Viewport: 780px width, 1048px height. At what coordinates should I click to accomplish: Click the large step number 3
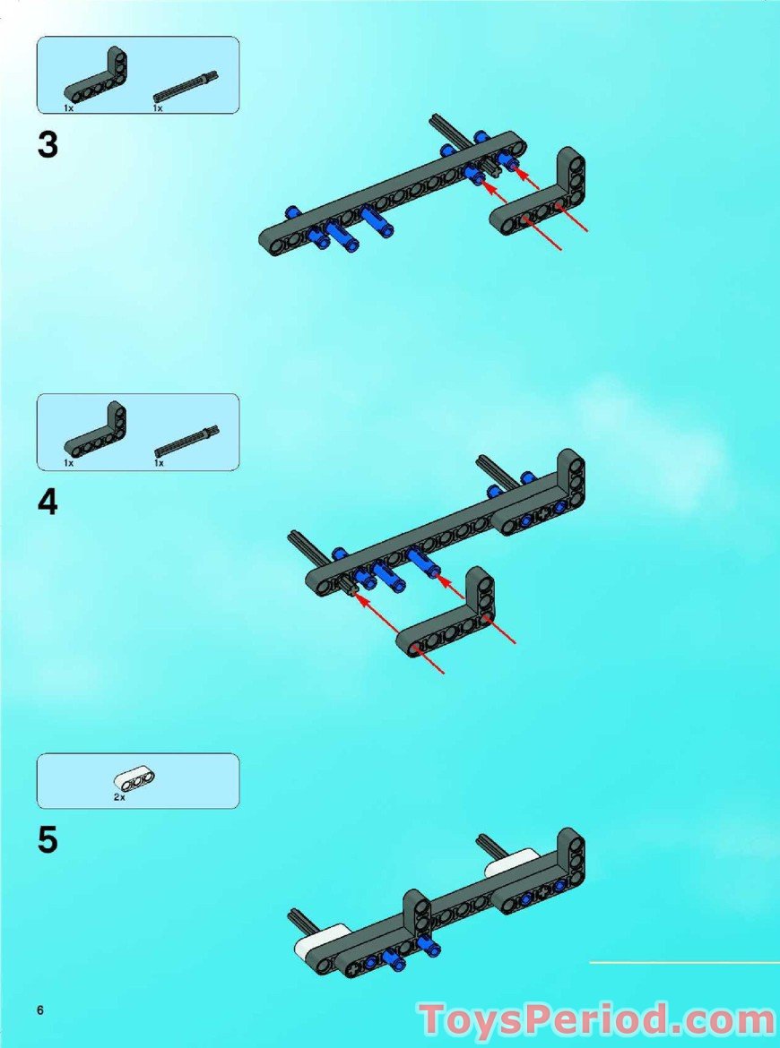(48, 146)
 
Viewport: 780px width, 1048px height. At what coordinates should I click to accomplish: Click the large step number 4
(48, 503)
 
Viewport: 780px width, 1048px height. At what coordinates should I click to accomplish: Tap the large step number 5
(48, 841)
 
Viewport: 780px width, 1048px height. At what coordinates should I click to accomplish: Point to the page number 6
(40, 1010)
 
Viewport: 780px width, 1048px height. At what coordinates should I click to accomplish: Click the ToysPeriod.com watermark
(596, 1020)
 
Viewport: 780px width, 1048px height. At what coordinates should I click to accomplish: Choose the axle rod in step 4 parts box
(186, 441)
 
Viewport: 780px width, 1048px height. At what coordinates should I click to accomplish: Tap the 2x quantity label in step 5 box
(119, 796)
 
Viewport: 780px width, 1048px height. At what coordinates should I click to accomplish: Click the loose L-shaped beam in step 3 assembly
(538, 201)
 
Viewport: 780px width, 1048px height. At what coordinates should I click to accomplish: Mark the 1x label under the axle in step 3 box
(158, 107)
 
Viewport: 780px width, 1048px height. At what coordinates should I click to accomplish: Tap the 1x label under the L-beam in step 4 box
(68, 463)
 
